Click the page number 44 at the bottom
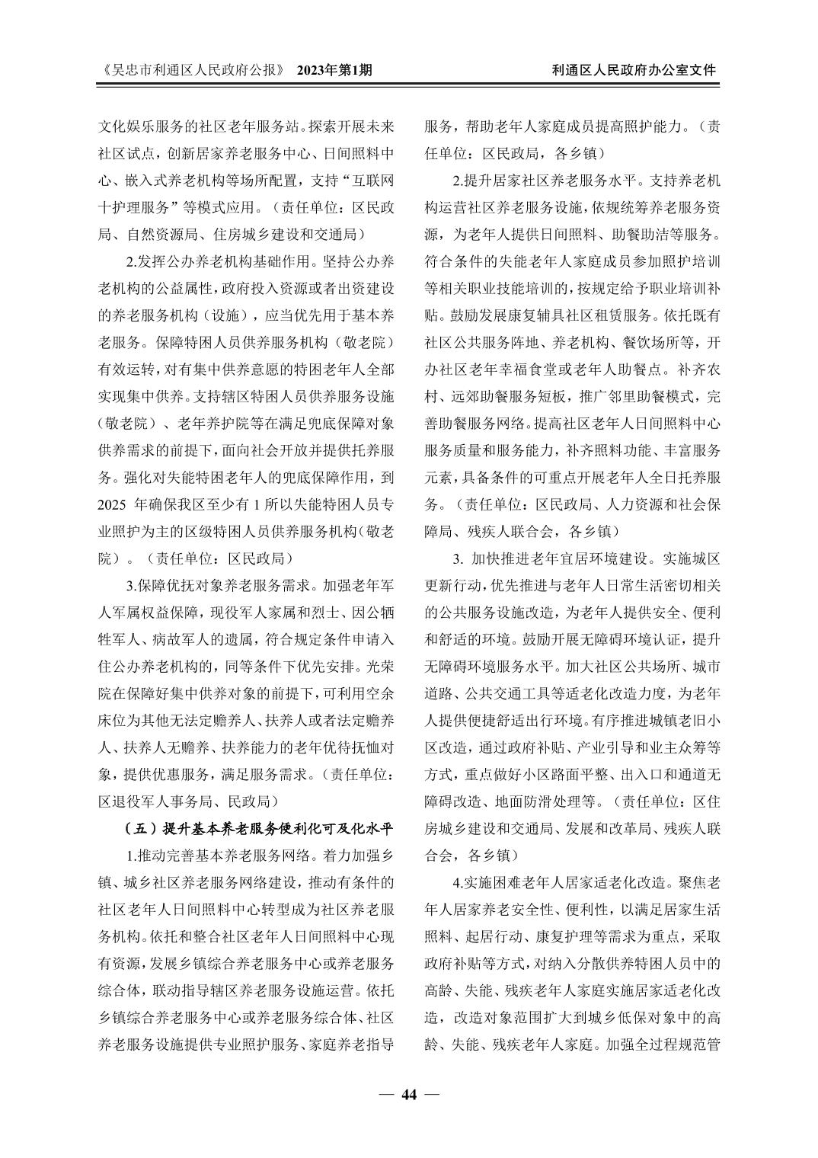(409, 1095)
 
